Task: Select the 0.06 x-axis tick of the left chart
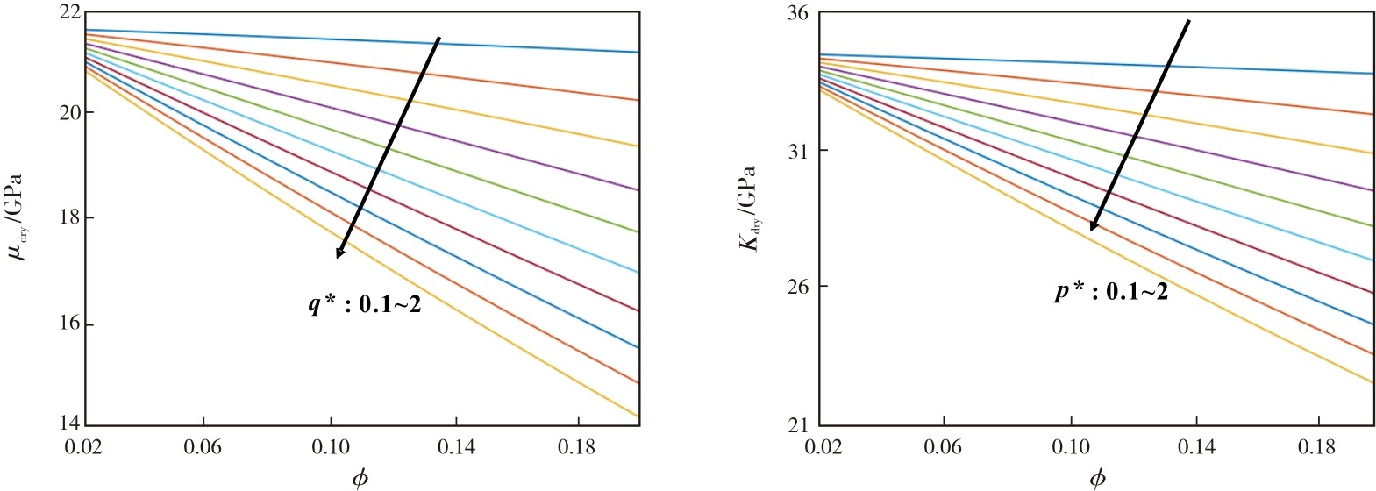[203, 447]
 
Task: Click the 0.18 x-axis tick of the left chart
[579, 447]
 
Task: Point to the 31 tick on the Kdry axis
[800, 151]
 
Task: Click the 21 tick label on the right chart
[800, 424]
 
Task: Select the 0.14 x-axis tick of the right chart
[1196, 447]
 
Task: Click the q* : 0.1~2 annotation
[365, 304]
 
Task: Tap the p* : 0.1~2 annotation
[1111, 291]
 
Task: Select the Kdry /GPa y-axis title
[749, 209]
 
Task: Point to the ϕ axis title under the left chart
[360, 479]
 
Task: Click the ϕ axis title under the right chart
[1097, 479]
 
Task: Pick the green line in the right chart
[1097, 147]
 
